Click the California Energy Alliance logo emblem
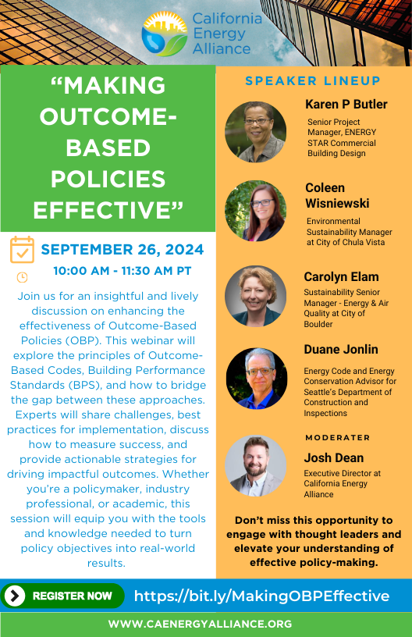(x=165, y=34)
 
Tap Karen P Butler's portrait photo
(x=256, y=132)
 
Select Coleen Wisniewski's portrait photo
(x=256, y=211)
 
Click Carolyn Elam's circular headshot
(x=256, y=296)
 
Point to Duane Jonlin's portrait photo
(x=257, y=378)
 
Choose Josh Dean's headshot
(x=256, y=466)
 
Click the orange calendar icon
(x=22, y=250)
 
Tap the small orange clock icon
(x=22, y=277)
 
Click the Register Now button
(x=62, y=596)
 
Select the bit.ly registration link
(x=262, y=596)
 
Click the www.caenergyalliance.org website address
(x=200, y=624)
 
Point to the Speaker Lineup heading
(x=313, y=81)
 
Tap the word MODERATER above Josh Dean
(x=338, y=437)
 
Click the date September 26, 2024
(x=123, y=250)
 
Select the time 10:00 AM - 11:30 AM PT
(x=123, y=271)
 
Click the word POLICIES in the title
(x=108, y=179)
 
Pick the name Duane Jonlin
(x=341, y=350)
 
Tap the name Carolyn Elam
(x=341, y=276)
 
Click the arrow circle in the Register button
(x=15, y=596)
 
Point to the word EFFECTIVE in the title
(x=108, y=210)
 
